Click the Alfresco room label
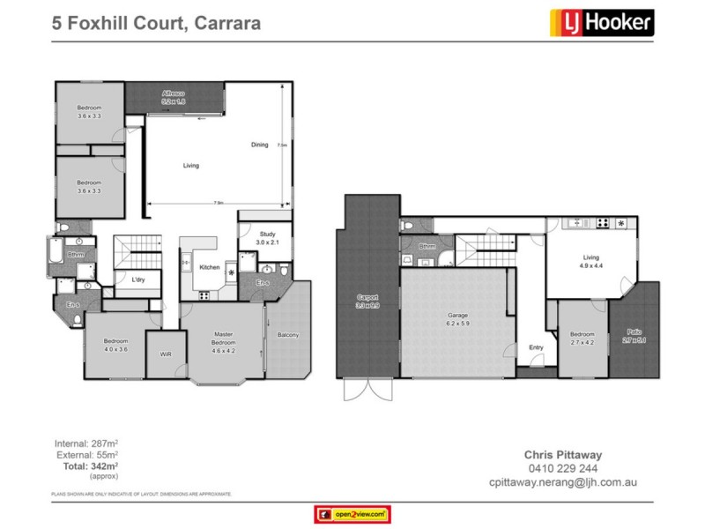(172, 97)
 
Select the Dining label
(259, 144)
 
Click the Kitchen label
(209, 267)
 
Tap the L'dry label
(138, 280)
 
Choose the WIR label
(165, 354)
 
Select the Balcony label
(287, 335)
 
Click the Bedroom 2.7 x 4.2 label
(582, 338)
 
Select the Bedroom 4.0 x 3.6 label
(115, 345)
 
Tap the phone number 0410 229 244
(563, 470)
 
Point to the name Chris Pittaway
(563, 456)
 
